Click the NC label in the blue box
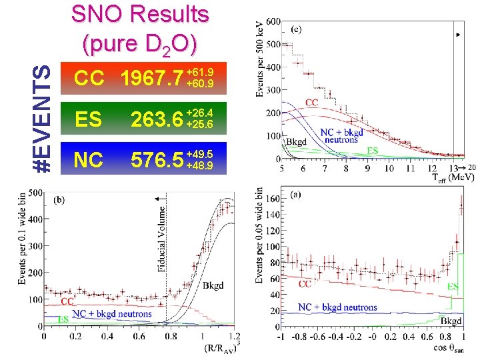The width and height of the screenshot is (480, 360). pos(88,160)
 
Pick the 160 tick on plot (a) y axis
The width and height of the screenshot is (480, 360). pos(272,199)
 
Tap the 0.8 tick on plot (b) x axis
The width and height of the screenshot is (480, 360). pos(170,337)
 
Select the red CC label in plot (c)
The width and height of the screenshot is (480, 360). pos(311,103)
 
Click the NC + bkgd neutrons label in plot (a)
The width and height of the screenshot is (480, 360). pos(337,307)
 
